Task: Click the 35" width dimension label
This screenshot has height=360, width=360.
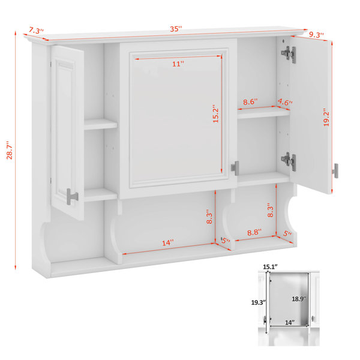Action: tap(176, 29)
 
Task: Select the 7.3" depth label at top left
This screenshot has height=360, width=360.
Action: tap(36, 31)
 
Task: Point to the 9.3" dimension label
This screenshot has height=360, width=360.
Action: tap(316, 35)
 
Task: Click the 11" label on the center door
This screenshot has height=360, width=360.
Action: tap(178, 64)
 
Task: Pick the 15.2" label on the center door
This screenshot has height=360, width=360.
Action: tap(215, 113)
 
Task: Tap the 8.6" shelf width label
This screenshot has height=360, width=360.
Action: tap(250, 101)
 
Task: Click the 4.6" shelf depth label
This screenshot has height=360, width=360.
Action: tap(285, 102)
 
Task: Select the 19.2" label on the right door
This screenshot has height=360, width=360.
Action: tap(326, 117)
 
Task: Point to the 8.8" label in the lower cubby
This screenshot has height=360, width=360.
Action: tap(254, 232)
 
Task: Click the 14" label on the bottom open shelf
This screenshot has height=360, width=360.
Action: tap(168, 242)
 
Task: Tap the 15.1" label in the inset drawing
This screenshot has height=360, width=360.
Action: tap(270, 267)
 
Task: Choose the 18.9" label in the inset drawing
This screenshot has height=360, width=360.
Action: tap(299, 299)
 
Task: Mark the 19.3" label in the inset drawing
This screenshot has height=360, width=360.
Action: tap(259, 302)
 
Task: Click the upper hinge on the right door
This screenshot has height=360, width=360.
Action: tap(289, 55)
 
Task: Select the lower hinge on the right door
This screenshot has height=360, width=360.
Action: tap(289, 161)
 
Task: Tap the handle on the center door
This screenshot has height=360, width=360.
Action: tap(235, 168)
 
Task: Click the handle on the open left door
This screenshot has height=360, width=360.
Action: tap(72, 197)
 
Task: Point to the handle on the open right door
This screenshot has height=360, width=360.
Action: tap(335, 170)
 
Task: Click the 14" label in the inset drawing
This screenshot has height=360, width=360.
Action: tap(290, 323)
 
